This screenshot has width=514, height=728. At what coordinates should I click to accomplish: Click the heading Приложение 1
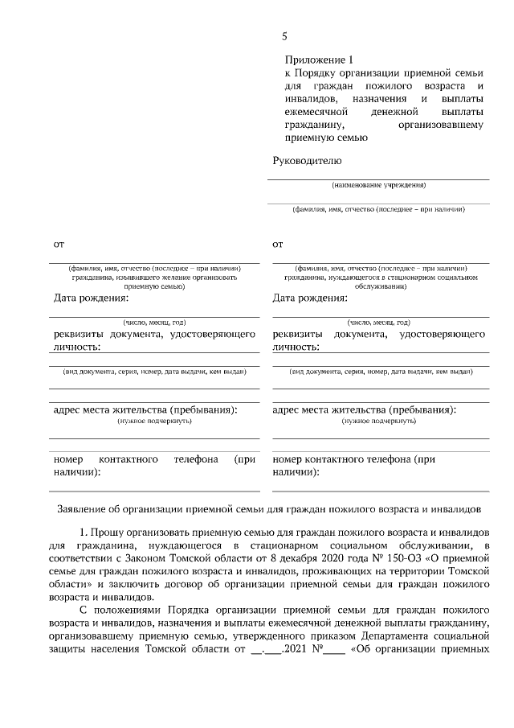coord(319,60)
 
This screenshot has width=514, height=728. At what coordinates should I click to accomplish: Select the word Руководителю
coord(308,161)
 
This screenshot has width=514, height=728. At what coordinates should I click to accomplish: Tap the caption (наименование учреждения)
coord(379,185)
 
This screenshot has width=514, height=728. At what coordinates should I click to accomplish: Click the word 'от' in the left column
coord(59,242)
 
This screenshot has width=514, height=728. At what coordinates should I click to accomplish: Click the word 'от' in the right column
coord(278,242)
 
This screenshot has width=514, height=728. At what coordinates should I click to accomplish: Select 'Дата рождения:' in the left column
coord(91,298)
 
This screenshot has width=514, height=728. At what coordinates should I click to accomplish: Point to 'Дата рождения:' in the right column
coord(310,298)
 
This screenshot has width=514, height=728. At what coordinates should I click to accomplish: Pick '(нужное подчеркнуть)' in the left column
coord(154,421)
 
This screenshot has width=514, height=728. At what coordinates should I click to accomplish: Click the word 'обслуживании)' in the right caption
coord(381,285)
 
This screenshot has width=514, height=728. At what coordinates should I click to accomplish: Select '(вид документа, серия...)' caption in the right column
coord(381,372)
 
